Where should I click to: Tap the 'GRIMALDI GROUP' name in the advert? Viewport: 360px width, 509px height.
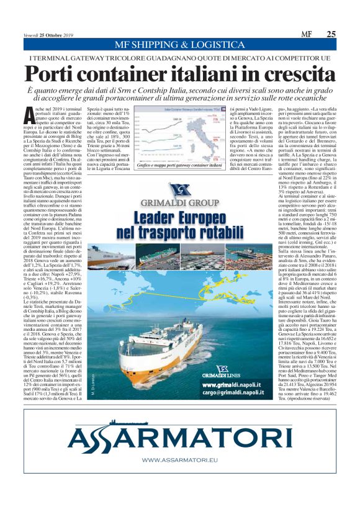point(180,203)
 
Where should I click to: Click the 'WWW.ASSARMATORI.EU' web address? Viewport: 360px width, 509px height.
point(180,460)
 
